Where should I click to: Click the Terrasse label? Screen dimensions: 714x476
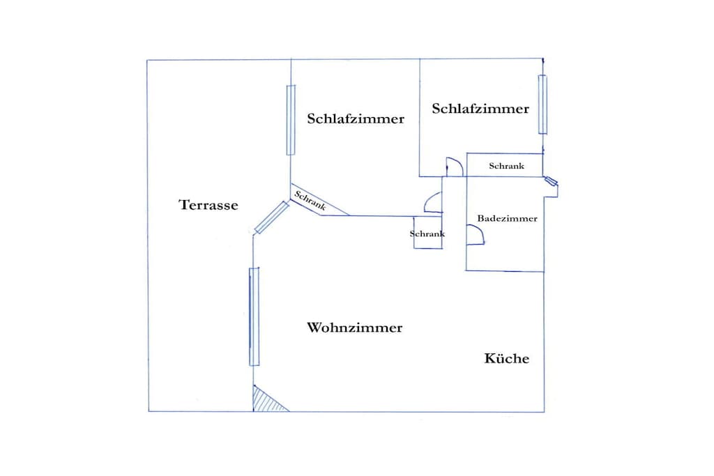(208, 205)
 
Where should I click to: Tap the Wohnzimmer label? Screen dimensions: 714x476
(354, 328)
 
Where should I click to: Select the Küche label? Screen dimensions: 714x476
(506, 358)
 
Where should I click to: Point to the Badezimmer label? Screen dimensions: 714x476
(507, 218)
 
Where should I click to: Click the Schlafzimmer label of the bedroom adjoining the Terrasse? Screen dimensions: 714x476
(356, 118)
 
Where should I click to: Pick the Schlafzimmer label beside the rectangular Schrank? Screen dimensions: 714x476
(480, 109)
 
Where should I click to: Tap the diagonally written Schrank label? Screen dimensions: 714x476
(310, 200)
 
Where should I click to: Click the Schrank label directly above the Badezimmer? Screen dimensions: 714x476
(506, 166)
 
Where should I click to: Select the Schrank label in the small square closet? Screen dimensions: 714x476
(427, 234)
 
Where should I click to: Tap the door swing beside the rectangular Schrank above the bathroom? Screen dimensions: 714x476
(455, 167)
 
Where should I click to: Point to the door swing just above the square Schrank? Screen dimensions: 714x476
(433, 203)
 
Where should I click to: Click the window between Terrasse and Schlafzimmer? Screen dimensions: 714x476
(291, 120)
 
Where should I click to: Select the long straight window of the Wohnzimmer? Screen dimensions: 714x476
(254, 316)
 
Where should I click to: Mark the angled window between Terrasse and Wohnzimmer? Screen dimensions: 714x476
(272, 217)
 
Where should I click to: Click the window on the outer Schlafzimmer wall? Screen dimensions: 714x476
(542, 105)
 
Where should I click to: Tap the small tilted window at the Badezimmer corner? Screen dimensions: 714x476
(551, 181)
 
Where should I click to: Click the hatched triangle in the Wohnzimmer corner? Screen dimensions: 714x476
(267, 400)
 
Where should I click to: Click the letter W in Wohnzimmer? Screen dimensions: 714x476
(314, 328)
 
